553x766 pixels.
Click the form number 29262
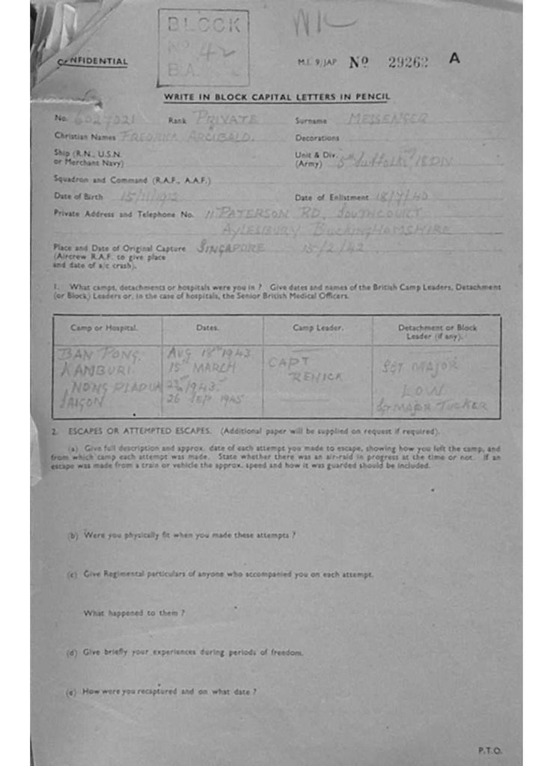408,63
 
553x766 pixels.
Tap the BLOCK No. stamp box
204,48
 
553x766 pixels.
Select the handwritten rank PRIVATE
226,119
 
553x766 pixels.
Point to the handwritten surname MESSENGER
388,118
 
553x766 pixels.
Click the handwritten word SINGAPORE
230,248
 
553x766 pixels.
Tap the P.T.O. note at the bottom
490,750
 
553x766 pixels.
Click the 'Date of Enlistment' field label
332,197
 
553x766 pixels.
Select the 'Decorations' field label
317,138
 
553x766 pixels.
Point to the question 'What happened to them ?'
134,613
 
